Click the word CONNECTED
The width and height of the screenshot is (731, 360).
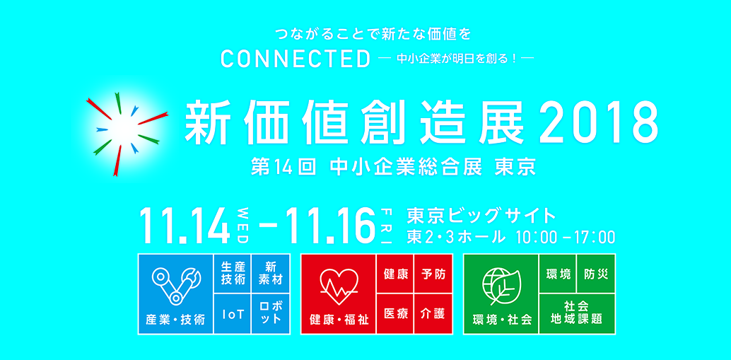[296, 59]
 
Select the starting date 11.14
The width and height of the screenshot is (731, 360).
[185, 225]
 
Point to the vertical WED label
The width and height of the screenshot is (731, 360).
[242, 225]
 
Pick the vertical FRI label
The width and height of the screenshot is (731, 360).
[387, 225]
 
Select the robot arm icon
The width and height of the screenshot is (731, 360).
[176, 286]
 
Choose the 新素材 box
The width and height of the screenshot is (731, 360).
[270, 274]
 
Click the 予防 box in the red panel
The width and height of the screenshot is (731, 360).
[433, 274]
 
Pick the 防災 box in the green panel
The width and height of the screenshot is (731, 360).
[596, 274]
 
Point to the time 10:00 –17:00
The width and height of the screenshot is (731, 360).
[566, 237]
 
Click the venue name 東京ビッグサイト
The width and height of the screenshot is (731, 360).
[482, 216]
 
